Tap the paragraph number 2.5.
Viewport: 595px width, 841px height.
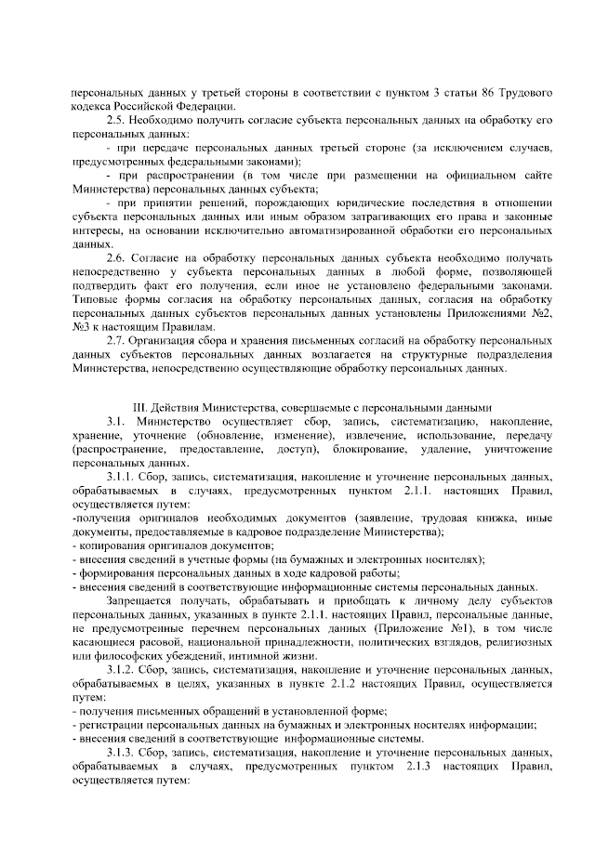(x=117, y=120)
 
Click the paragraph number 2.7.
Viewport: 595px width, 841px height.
(x=117, y=341)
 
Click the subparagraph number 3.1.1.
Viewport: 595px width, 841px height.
(x=122, y=477)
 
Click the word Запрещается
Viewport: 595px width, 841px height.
(x=139, y=601)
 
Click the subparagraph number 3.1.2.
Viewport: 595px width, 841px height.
(x=122, y=670)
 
